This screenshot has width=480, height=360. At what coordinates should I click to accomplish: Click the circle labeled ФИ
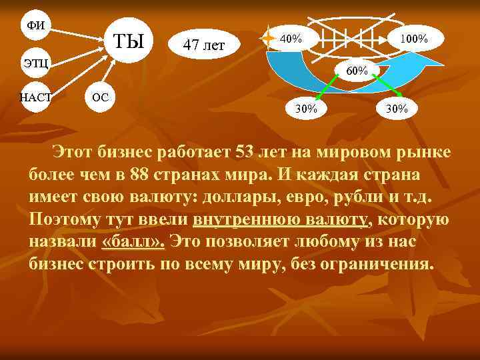(x=35, y=25)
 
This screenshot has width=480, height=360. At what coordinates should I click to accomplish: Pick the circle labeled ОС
(x=100, y=97)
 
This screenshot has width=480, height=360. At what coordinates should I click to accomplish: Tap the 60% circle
(x=357, y=70)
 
